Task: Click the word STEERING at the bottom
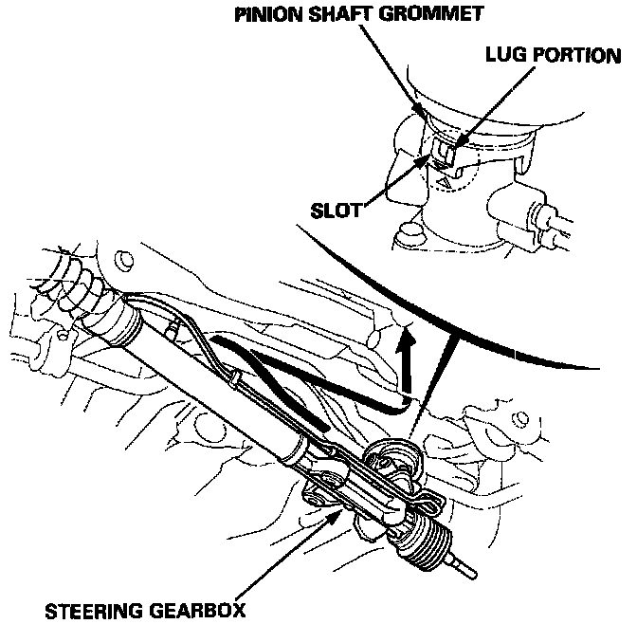(x=94, y=608)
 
